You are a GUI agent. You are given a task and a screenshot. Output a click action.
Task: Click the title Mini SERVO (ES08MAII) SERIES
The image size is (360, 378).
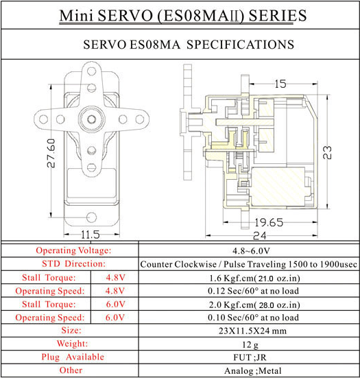[x=180, y=15]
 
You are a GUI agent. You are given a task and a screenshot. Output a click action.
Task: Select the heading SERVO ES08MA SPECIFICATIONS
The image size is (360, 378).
[x=179, y=45]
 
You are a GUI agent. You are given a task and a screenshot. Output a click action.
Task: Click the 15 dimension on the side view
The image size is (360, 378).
[x=280, y=84]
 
